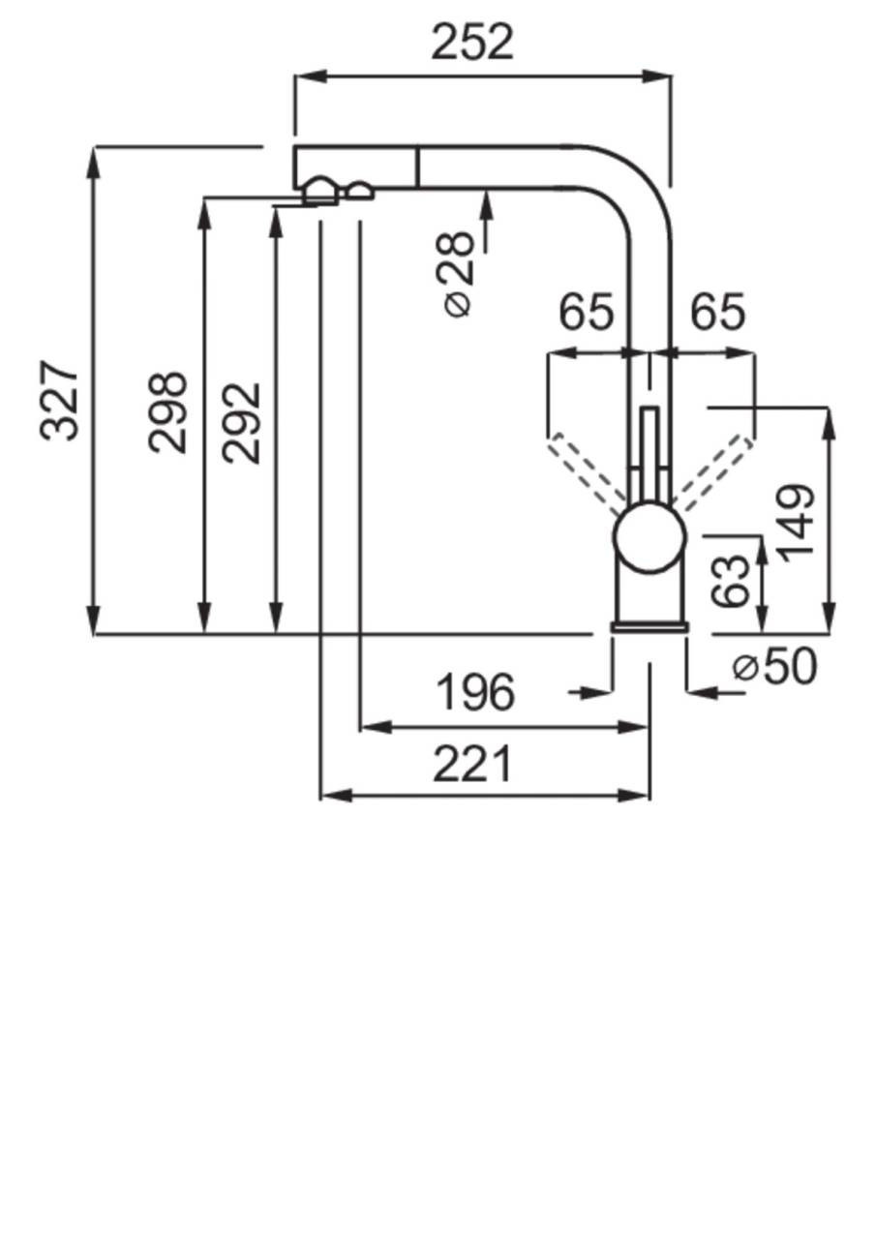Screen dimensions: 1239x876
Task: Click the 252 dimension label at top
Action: pyautogui.click(x=472, y=42)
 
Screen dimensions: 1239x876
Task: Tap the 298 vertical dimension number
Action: pyautogui.click(x=167, y=411)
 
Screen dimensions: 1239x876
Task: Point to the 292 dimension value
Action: pyautogui.click(x=241, y=422)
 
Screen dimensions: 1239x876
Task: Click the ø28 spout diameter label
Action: pyautogui.click(x=458, y=275)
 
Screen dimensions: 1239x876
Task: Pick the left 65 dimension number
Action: pyautogui.click(x=587, y=313)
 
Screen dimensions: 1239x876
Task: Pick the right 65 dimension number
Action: pyautogui.click(x=717, y=313)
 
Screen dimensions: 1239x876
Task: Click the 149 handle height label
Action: pyautogui.click(x=797, y=522)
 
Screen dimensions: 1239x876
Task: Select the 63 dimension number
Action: pyautogui.click(x=732, y=581)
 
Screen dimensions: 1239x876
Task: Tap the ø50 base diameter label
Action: pyautogui.click(x=774, y=666)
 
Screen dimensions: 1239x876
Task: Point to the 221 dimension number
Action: pyautogui.click(x=471, y=766)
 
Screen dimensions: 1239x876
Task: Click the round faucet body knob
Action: pyautogui.click(x=649, y=536)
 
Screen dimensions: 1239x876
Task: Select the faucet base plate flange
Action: pyautogui.click(x=649, y=627)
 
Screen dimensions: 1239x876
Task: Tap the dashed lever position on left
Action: pyautogui.click(x=587, y=473)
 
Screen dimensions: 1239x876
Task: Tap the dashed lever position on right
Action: pyautogui.click(x=714, y=472)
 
